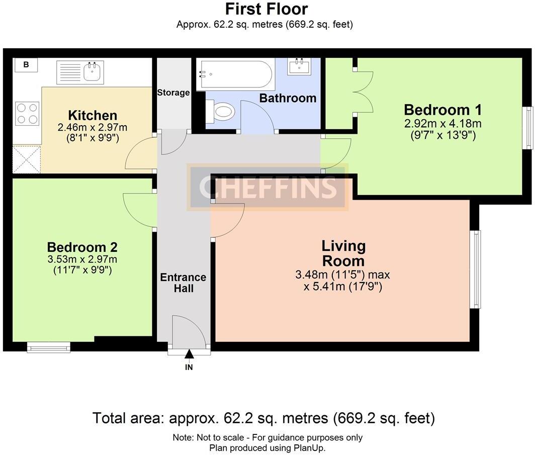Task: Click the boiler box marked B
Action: pyautogui.click(x=26, y=64)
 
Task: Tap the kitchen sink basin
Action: pyautogui.click(x=92, y=72)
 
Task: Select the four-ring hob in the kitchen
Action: pyautogui.click(x=27, y=114)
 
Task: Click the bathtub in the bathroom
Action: pyautogui.click(x=236, y=74)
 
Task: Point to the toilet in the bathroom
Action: pyautogui.click(x=220, y=111)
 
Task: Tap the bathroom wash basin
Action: pyautogui.click(x=299, y=66)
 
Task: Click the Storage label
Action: pyautogui.click(x=173, y=93)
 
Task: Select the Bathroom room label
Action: pyautogui.click(x=288, y=98)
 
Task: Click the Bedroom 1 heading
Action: pyautogui.click(x=443, y=110)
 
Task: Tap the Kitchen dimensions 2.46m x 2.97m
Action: pyautogui.click(x=93, y=128)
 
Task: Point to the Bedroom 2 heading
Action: pyautogui.click(x=82, y=247)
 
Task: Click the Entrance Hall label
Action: pyautogui.click(x=183, y=283)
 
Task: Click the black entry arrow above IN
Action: pyautogui.click(x=189, y=354)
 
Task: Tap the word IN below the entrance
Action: pyautogui.click(x=189, y=368)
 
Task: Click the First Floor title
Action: pyautogui.click(x=266, y=9)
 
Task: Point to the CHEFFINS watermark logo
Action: pyautogui.click(x=267, y=187)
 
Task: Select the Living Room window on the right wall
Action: pyautogui.click(x=475, y=269)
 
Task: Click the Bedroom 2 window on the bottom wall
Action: pyautogui.click(x=48, y=347)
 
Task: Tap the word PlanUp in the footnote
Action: pyautogui.click(x=310, y=448)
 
